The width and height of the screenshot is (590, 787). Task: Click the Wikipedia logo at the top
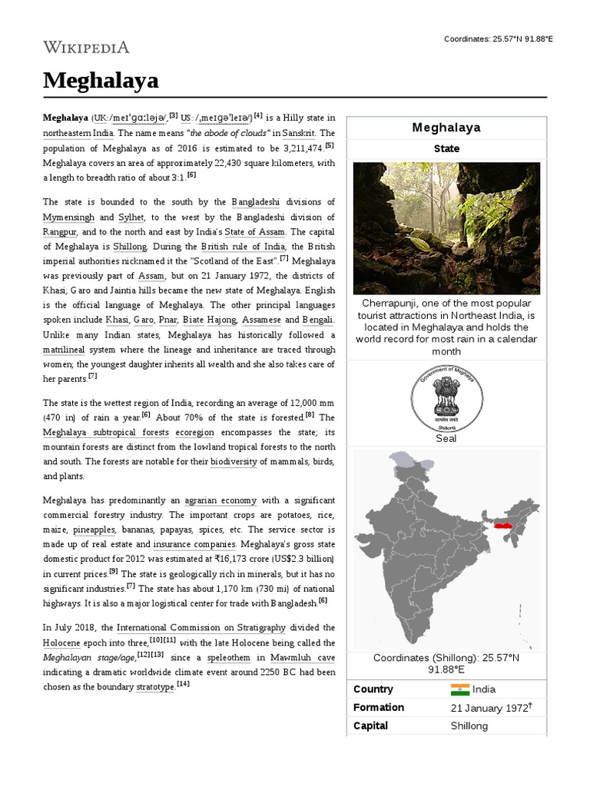click(x=86, y=48)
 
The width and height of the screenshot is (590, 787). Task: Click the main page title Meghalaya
click(x=101, y=80)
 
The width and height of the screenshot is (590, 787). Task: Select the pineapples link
click(x=94, y=530)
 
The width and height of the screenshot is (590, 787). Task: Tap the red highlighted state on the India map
click(x=503, y=526)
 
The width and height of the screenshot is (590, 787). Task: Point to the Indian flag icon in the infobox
click(x=459, y=689)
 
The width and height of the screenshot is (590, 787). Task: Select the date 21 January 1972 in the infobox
click(x=488, y=708)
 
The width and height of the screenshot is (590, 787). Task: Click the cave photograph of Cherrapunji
click(x=446, y=227)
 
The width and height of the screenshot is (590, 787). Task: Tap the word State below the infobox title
click(x=446, y=148)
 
